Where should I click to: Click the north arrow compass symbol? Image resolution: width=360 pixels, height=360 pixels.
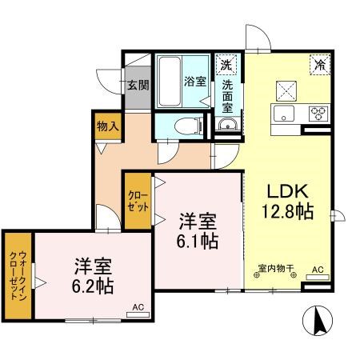pos(318,320)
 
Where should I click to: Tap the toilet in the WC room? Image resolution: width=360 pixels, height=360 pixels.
pos(187,126)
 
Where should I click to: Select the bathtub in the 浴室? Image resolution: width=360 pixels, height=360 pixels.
pos(169,82)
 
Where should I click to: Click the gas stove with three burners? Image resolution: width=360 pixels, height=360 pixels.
pos(318,114)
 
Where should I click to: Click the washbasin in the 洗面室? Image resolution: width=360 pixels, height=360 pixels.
pos(227,125)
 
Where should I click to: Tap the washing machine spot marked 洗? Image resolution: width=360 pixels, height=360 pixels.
pos(226,65)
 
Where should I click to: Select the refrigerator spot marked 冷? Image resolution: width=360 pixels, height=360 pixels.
pos(320,65)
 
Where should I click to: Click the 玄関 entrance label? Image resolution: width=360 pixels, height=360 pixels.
pos(138,85)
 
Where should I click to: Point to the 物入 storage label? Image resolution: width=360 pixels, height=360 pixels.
pos(108,126)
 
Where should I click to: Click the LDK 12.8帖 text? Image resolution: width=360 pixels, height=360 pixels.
pos(288,202)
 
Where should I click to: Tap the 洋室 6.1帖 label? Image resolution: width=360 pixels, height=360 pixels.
pos(198,230)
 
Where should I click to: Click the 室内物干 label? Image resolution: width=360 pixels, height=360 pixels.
pos(276,268)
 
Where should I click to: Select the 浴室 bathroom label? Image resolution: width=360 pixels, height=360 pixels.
pos(195,82)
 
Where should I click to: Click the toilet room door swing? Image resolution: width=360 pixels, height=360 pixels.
pos(168,152)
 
